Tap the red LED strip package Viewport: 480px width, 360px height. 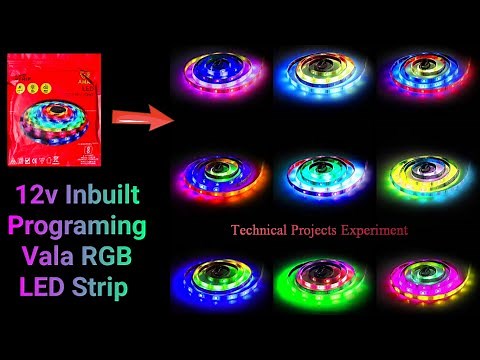coord(56,110)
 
